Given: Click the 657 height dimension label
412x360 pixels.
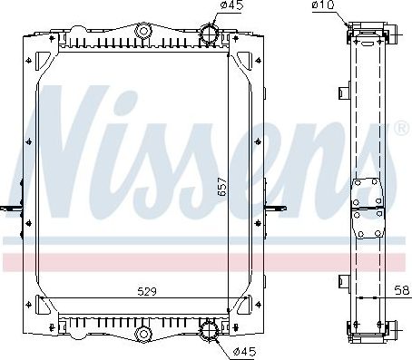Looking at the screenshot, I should pyautogui.click(x=220, y=187).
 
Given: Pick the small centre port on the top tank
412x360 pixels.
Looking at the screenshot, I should pyautogui.click(x=142, y=34).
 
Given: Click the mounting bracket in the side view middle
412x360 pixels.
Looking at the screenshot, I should pyautogui.click(x=368, y=209).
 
